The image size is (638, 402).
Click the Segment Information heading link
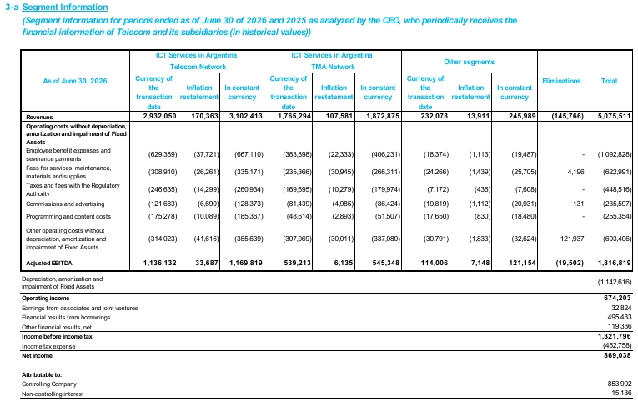[65, 8]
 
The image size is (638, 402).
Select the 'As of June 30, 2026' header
[75, 81]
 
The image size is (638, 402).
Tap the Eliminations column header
[561, 81]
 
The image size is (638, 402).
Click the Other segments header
[470, 62]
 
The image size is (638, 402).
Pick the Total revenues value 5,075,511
[615, 117]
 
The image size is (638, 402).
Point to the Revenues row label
[39, 118]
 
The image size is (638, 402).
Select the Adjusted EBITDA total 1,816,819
[615, 263]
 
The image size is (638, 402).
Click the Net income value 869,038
[619, 355]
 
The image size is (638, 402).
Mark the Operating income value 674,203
[619, 298]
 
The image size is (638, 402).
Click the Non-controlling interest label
[53, 394]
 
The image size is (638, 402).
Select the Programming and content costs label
[68, 217]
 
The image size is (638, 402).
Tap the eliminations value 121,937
[572, 239]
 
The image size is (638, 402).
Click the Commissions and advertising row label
[65, 204]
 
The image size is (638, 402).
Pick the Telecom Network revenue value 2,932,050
[159, 117]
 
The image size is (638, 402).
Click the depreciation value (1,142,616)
[615, 282]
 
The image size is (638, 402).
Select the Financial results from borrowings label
[66, 318]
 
